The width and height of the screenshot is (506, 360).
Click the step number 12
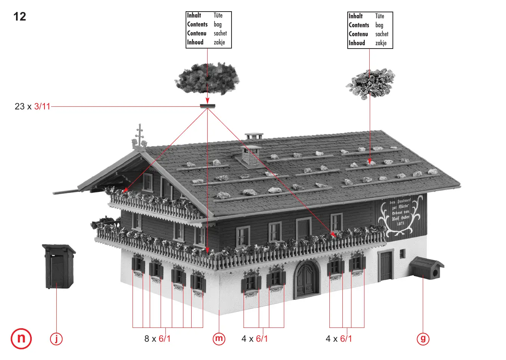(20, 17)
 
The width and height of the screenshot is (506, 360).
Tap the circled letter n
(21, 338)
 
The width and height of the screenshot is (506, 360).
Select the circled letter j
(56, 339)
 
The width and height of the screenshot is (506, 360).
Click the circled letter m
(219, 339)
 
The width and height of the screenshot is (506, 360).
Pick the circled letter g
(423, 339)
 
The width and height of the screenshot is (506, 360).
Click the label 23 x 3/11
(32, 106)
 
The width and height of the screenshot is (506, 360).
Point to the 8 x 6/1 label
(157, 339)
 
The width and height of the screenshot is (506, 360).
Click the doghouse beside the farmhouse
(426, 268)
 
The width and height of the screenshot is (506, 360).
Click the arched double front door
(307, 279)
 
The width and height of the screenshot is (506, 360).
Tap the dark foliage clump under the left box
(207, 78)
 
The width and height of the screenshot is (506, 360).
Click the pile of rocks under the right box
(370, 83)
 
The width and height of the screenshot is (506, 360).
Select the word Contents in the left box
(197, 24)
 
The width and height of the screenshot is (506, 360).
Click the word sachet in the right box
(382, 34)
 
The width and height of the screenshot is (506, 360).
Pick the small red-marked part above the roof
(208, 106)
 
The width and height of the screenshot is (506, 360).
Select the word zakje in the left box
(219, 42)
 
